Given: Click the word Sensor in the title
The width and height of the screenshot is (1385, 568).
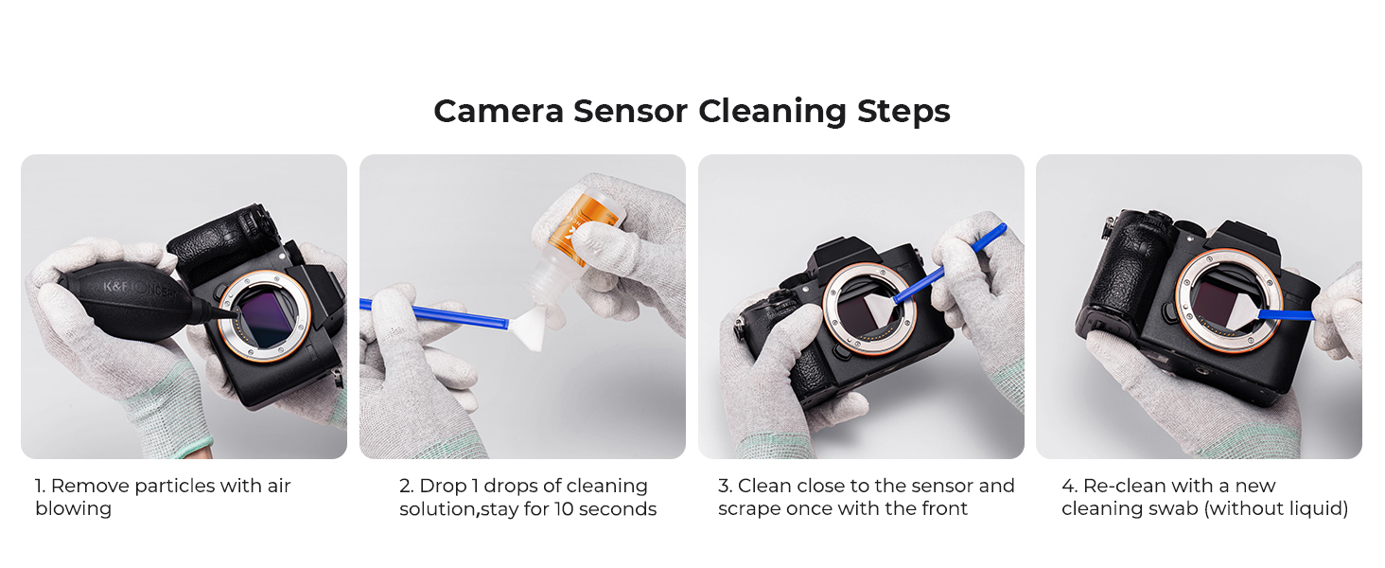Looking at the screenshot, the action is (630, 112).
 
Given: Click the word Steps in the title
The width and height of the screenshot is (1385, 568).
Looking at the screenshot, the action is (903, 113).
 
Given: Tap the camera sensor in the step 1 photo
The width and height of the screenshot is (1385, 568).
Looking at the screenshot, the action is (268, 319).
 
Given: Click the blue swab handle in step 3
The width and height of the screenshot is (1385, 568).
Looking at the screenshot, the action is (948, 264).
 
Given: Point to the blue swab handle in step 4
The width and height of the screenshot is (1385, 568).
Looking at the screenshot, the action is (1286, 315).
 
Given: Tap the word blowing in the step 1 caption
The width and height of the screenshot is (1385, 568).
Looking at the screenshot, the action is (74, 509).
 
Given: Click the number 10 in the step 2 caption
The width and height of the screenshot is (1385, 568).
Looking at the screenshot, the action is (564, 509).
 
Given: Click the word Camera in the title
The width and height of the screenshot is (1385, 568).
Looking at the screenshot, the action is (499, 112).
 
